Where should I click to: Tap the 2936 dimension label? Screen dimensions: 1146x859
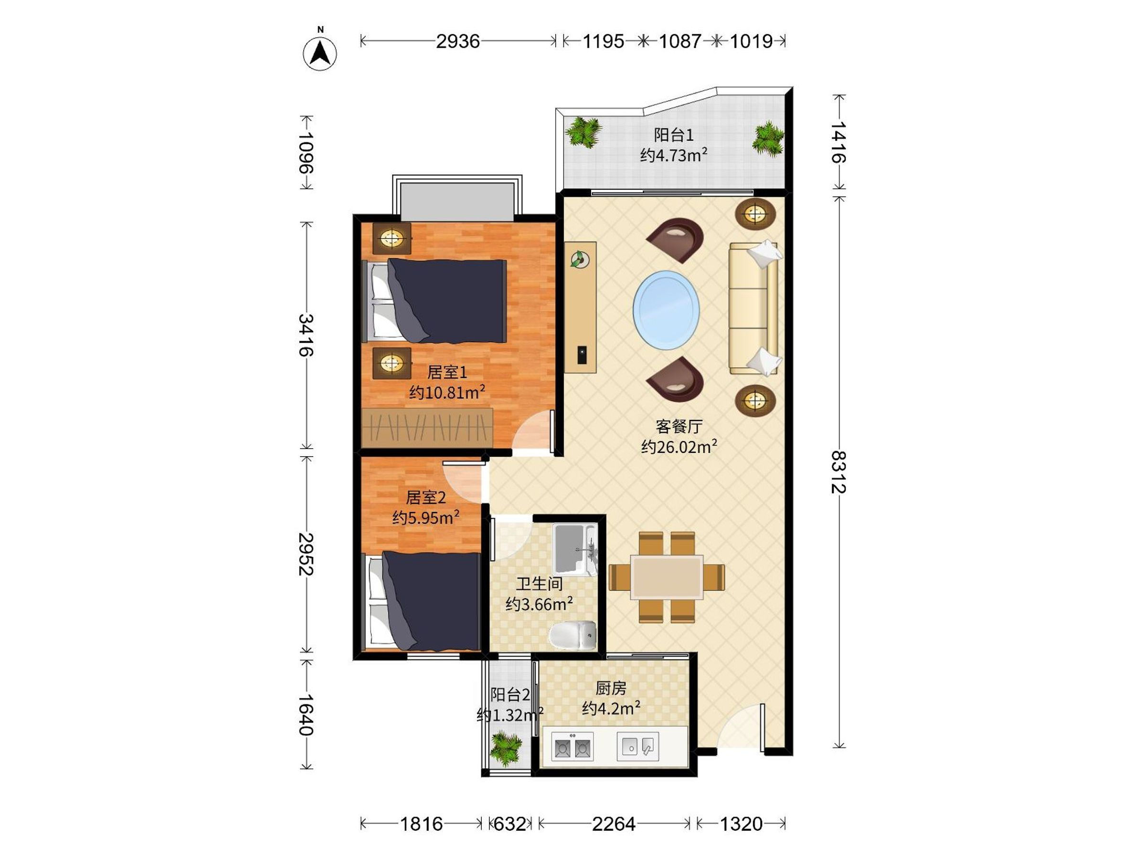point(457,41)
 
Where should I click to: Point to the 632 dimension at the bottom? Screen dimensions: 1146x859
point(510,824)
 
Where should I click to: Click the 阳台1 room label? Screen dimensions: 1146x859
point(673,135)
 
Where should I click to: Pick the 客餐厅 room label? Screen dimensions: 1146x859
point(679,427)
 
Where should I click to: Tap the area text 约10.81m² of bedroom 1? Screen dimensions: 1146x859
point(447,392)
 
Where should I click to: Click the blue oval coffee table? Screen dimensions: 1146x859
point(666,310)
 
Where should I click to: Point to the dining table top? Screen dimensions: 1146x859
point(667,577)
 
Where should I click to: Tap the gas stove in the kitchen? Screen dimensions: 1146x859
point(573,747)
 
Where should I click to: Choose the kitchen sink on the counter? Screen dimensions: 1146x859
point(638,747)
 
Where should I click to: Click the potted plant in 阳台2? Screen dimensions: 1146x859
point(505,748)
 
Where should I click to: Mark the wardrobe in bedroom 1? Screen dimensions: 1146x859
point(427,428)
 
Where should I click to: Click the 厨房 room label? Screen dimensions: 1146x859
point(611,688)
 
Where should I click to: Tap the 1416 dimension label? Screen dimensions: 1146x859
point(838,142)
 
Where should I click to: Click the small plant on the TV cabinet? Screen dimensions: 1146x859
point(580,259)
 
